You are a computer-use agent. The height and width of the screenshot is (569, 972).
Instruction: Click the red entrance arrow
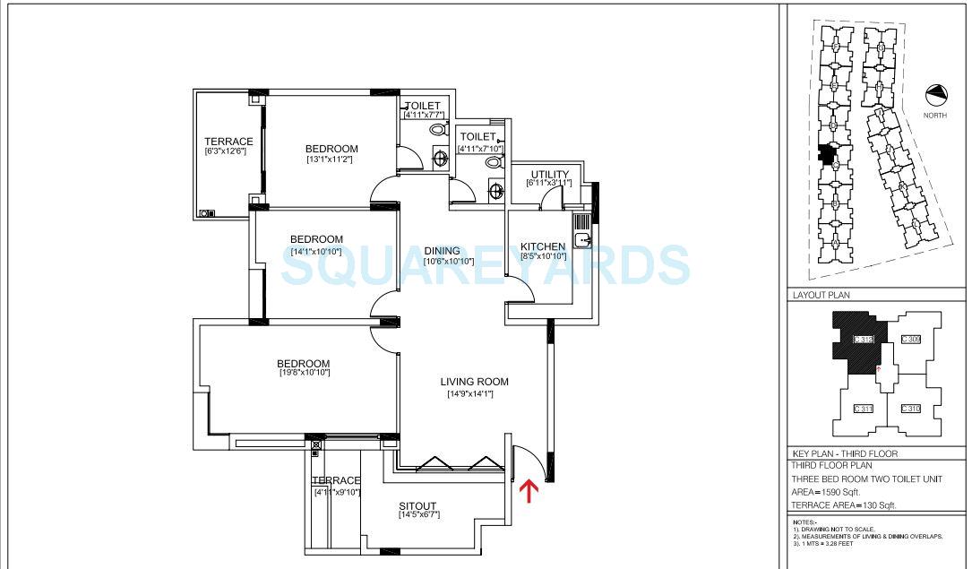pos(529,490)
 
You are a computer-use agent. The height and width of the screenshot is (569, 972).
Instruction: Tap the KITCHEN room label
pos(543,246)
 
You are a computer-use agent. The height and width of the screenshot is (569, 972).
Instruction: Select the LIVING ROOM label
pos(474,382)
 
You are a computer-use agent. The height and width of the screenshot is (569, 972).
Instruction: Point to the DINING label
pos(442,251)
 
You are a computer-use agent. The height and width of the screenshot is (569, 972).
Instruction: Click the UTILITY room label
pos(549,175)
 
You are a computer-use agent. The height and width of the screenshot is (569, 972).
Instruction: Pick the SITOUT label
pos(418,507)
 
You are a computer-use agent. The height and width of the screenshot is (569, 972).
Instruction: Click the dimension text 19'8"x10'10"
pos(305,372)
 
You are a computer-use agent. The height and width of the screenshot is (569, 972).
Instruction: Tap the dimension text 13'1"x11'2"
pos(331,159)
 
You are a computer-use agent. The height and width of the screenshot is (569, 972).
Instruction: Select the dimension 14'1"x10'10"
pos(316,252)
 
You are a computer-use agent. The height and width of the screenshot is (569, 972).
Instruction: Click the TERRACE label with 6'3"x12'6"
pos(228,142)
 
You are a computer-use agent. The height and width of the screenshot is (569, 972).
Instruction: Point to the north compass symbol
pos(937,94)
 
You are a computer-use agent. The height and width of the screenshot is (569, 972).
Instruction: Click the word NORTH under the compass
pos(936,115)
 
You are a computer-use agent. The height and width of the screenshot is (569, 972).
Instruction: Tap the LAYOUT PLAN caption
pos(821,295)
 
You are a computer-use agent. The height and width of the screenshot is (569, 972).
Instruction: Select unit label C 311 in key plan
pos(864,409)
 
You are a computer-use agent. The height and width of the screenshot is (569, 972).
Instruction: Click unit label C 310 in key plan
pos(910,409)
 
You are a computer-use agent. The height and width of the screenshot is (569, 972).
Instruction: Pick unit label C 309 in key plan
pos(910,339)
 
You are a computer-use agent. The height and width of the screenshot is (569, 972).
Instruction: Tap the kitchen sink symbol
pos(583,239)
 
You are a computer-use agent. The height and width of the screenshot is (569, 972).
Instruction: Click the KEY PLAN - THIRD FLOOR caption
pos(845,454)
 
